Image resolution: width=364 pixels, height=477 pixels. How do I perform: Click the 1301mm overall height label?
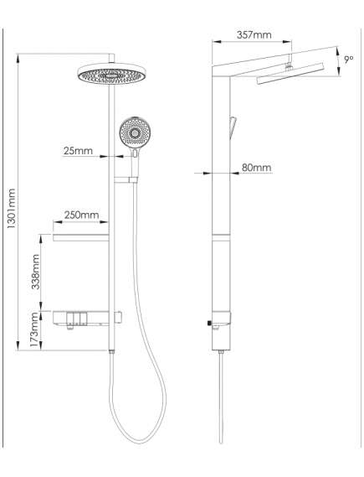(11, 209)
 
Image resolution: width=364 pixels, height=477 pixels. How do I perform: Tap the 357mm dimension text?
(254, 34)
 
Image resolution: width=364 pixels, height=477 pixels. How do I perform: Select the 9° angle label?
(349, 59)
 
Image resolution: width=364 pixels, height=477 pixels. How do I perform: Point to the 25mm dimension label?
(78, 151)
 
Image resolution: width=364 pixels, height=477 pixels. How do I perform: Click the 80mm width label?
(256, 168)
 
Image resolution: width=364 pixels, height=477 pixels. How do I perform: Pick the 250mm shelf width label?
(81, 215)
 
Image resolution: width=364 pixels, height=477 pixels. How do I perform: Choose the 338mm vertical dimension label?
(36, 272)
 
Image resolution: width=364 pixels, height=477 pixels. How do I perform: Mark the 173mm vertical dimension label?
(36, 330)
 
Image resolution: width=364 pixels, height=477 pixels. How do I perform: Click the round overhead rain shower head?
(111, 73)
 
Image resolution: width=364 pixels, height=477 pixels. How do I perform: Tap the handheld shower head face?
(135, 132)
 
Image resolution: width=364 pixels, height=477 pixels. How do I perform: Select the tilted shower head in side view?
(290, 73)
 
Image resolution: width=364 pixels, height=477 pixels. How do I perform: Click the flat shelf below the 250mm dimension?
(81, 237)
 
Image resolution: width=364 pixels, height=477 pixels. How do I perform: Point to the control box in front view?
(87, 318)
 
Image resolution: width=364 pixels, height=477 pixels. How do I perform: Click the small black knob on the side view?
(209, 324)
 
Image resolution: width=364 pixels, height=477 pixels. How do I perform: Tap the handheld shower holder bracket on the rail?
(126, 179)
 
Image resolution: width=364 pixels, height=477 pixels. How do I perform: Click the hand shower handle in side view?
(233, 127)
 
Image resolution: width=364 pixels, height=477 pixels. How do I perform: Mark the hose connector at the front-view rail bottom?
(112, 352)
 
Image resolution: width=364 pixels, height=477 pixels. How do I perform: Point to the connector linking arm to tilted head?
(290, 62)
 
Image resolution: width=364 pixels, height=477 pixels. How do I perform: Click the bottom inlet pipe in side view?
(221, 398)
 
